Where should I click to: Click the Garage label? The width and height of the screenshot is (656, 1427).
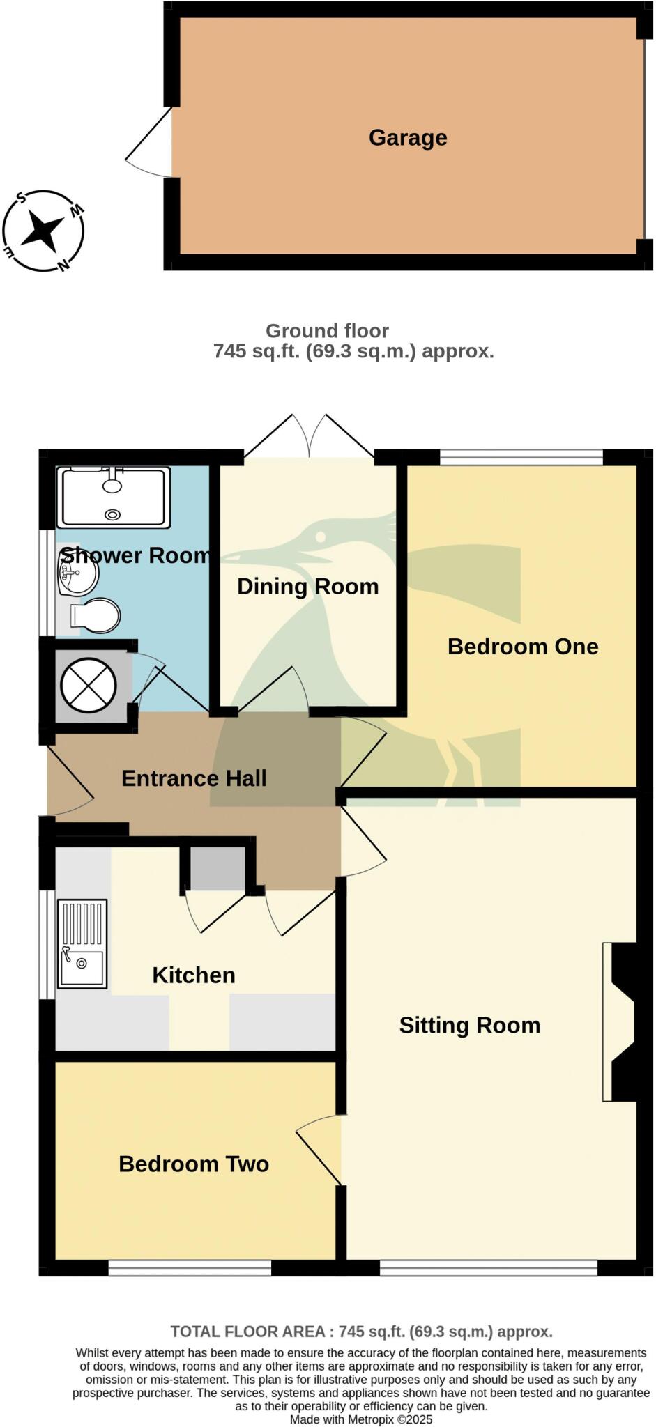coord(408,138)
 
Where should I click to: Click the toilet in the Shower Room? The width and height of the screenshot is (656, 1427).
coord(96,616)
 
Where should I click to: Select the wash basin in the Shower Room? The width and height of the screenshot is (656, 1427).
coord(77,576)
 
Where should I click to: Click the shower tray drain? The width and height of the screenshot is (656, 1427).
coord(112,514)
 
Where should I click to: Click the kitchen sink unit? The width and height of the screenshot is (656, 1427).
coord(82,943)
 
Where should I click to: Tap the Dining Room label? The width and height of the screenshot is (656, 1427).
coord(307,587)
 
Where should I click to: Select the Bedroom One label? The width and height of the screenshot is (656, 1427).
coord(523,647)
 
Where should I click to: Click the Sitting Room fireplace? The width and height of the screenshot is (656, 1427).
coord(620,1022)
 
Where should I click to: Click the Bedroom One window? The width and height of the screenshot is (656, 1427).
coord(521,457)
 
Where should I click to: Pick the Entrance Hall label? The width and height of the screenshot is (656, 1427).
coord(194,778)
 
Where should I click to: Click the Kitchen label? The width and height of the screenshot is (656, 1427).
coord(194,975)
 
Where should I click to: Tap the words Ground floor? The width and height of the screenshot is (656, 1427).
coord(327,331)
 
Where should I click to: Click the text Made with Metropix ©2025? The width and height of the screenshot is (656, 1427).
coord(361,1419)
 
